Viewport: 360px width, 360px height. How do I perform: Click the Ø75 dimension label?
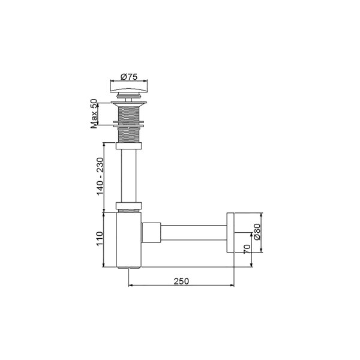[129, 76]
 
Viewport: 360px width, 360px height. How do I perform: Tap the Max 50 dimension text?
[94, 113]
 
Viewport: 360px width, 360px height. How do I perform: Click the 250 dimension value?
[180, 280]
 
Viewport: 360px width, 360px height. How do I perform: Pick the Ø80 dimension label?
[257, 232]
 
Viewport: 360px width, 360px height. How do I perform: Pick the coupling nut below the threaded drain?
[129, 145]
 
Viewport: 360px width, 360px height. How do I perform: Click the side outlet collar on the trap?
[151, 232]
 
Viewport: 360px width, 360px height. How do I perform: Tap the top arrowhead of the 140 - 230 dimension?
[105, 145]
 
